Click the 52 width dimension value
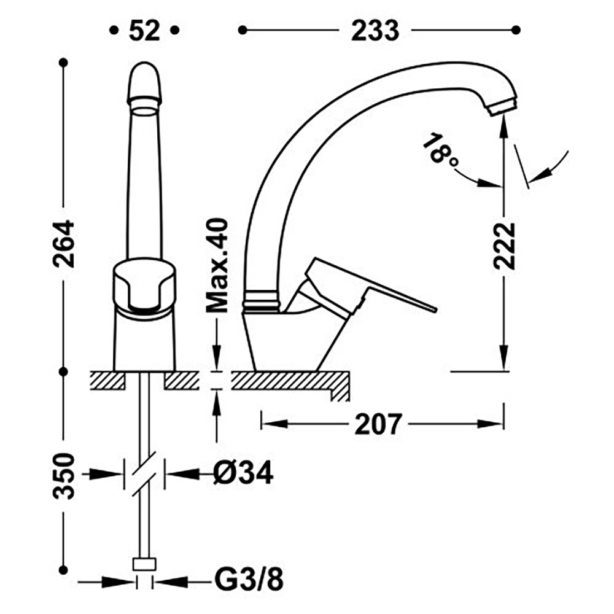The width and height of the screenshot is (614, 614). (x=144, y=31)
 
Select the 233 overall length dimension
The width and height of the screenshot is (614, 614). (x=375, y=31)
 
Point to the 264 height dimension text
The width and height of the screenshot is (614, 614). (x=63, y=244)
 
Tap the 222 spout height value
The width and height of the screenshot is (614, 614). (x=504, y=246)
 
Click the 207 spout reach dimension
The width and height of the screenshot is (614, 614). (x=378, y=424)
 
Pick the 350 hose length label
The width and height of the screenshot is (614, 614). (x=63, y=476)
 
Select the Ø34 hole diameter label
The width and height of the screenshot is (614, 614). (x=243, y=473)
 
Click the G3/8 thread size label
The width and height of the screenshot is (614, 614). (x=249, y=580)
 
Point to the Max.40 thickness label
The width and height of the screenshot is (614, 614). (x=217, y=265)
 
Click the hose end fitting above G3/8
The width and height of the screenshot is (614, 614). (x=144, y=564)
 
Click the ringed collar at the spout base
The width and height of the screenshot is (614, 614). (x=262, y=299)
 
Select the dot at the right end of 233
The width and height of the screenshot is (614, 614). (x=516, y=30)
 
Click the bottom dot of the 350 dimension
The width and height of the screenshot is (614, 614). (x=63, y=570)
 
